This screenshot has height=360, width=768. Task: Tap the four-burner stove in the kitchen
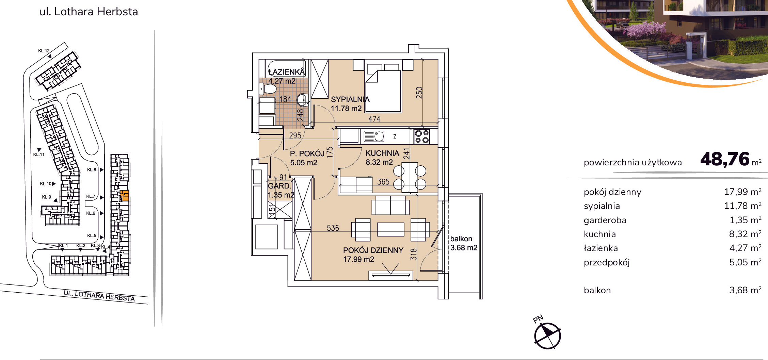421,136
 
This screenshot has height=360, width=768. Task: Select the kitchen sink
374,136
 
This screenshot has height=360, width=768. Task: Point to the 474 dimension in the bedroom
374,119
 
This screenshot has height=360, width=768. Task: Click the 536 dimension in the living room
333,228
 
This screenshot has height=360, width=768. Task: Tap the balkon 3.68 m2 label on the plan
464,243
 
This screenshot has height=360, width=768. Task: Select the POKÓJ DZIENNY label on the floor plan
373,250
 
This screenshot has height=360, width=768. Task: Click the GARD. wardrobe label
279,186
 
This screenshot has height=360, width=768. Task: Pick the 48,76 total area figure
725,159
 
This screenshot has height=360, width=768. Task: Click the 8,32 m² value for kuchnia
745,234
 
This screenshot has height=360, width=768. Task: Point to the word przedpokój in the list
607,262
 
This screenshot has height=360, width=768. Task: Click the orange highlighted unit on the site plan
124,195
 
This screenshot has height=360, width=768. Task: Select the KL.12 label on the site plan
44,51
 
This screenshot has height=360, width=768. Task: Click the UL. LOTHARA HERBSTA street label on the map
99,296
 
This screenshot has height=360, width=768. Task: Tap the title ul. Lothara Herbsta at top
89,12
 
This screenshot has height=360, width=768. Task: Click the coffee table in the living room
390,229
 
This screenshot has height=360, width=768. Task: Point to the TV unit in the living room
390,275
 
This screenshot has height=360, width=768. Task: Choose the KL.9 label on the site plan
47,197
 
